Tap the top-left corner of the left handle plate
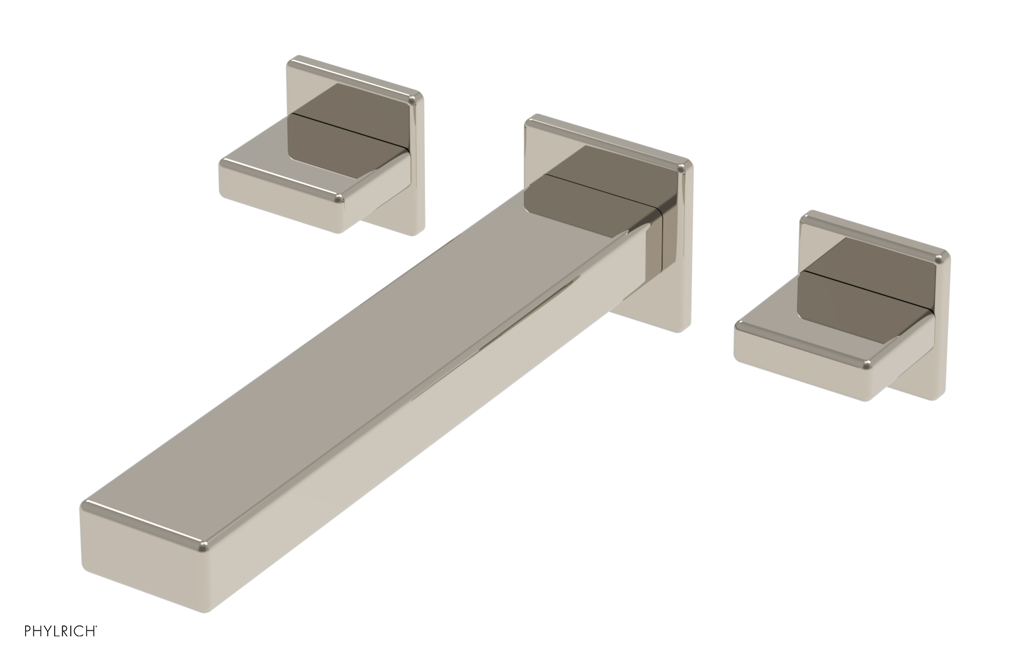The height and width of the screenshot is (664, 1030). coord(291,61)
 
